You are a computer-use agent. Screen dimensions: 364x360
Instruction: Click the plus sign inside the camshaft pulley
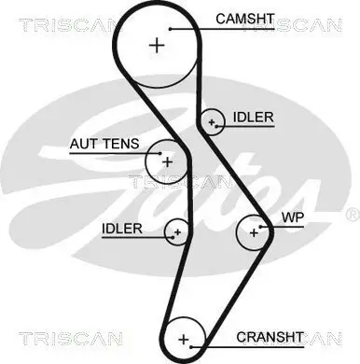tap(157, 45)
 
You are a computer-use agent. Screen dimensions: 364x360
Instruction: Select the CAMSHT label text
tap(245, 19)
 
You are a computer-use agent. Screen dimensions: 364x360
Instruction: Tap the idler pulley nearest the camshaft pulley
tap(212, 121)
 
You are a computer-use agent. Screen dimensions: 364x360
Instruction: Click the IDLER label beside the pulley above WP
tap(253, 118)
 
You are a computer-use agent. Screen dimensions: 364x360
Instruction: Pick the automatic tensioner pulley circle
tap(167, 161)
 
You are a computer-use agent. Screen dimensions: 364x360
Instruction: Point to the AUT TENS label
tap(104, 144)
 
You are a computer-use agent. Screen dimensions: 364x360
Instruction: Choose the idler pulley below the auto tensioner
tap(175, 231)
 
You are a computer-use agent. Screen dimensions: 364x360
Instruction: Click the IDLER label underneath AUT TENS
tap(122, 228)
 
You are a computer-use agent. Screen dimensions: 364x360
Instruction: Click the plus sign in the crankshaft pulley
tap(184, 337)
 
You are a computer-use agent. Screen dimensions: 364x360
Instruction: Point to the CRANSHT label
tap(270, 336)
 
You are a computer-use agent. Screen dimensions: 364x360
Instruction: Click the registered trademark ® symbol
tap(352, 214)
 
